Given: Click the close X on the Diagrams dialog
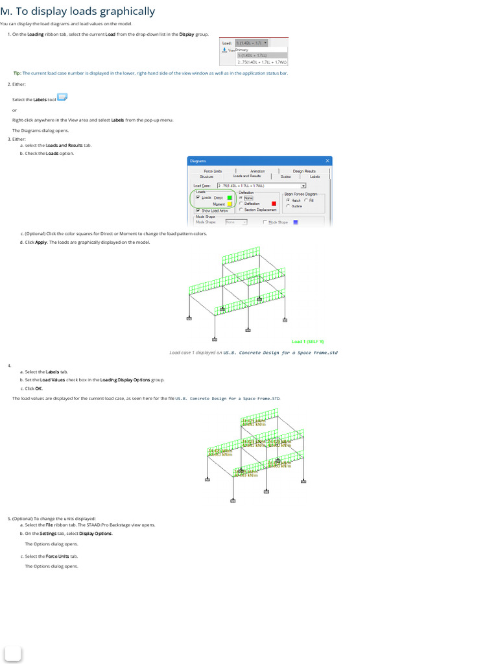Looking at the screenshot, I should pyautogui.click(x=327, y=161).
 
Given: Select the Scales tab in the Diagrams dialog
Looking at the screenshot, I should pyautogui.click(x=285, y=176).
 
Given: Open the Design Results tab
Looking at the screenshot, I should pyautogui.click(x=303, y=171).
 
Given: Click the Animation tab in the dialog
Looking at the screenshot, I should pyautogui.click(x=257, y=171).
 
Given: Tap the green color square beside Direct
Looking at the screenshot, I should pyautogui.click(x=230, y=198).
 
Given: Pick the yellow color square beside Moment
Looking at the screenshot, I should pyautogui.click(x=230, y=204).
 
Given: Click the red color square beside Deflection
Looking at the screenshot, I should pyautogui.click(x=274, y=204).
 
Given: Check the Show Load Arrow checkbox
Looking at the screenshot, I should pyautogui.click(x=198, y=211).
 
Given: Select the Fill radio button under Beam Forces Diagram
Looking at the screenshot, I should pyautogui.click(x=307, y=200).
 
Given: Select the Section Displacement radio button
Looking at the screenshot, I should pyautogui.click(x=241, y=209).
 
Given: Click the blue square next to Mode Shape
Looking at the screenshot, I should pyautogui.click(x=296, y=222).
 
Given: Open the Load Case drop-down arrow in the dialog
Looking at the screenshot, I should pyautogui.click(x=303, y=185).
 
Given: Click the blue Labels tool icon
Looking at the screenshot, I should pyautogui.click(x=62, y=98).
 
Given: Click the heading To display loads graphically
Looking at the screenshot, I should pyautogui.click(x=82, y=11).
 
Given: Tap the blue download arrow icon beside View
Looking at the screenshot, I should pyautogui.click(x=224, y=50).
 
